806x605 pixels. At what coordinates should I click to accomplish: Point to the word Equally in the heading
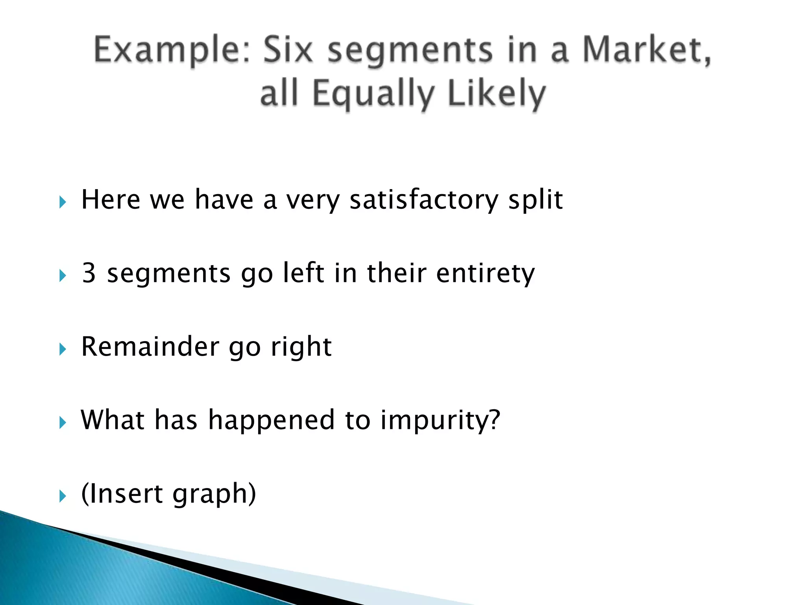click(373, 95)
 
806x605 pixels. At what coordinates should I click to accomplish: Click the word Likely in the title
click(497, 95)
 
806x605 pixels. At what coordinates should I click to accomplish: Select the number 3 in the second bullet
click(89, 273)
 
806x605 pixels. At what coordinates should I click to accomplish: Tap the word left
click(304, 273)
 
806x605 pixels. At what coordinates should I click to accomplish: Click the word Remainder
click(149, 347)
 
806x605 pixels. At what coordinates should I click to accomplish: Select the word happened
click(272, 420)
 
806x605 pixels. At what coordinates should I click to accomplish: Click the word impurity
click(440, 420)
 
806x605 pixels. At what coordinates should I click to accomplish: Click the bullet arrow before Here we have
click(63, 202)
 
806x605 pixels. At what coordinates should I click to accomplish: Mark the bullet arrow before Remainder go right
click(63, 349)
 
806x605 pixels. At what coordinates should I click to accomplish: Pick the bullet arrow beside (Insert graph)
click(63, 496)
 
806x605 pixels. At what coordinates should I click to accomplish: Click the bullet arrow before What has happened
click(63, 423)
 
